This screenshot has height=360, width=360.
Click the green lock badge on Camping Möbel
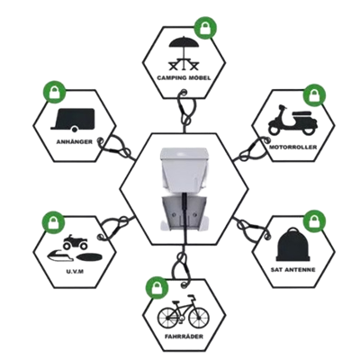coord(205,28)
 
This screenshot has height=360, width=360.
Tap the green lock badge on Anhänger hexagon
coord(54,92)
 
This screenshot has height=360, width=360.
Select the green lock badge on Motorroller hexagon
coord(314,95)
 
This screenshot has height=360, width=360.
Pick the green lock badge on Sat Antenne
coord(315,221)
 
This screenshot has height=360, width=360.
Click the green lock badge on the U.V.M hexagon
coord(53,222)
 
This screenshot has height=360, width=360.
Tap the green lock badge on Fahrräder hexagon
coord(157,288)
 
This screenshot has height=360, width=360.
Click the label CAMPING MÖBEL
coord(184,78)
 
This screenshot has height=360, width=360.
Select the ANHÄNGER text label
coord(75,141)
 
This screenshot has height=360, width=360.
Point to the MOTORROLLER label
coord(292,148)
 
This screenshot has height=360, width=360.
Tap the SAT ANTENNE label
coord(292,270)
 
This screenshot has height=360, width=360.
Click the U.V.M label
coord(74,272)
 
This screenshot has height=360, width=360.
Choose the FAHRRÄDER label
coord(184,337)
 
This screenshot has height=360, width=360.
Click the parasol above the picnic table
coord(184,42)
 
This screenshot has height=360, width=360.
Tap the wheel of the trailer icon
coord(75,130)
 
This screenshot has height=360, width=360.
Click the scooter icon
coord(292,120)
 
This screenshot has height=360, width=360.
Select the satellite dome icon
coord(292,245)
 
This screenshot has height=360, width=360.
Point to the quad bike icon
coord(76,242)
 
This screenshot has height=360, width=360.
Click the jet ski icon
coord(60,256)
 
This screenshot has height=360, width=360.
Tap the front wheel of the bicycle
coord(199,318)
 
